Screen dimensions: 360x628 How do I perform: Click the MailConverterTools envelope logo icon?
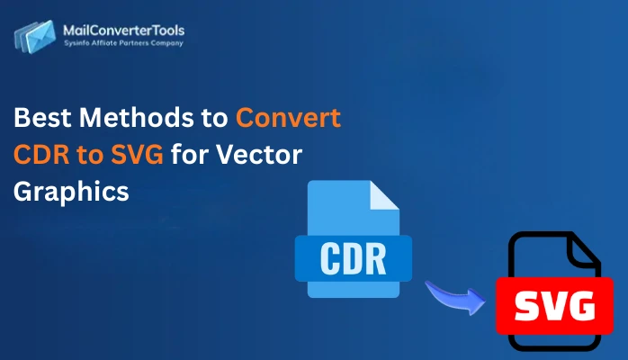pos(35,37)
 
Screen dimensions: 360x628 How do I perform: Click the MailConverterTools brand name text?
pos(122,30)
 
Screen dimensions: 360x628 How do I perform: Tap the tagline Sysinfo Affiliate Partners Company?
pos(122,44)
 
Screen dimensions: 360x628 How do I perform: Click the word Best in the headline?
pos(42,117)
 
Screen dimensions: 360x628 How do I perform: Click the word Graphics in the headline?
pos(71,192)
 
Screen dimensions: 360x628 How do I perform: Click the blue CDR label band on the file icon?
pos(353,257)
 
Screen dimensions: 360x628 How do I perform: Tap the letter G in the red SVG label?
pos(581,307)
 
